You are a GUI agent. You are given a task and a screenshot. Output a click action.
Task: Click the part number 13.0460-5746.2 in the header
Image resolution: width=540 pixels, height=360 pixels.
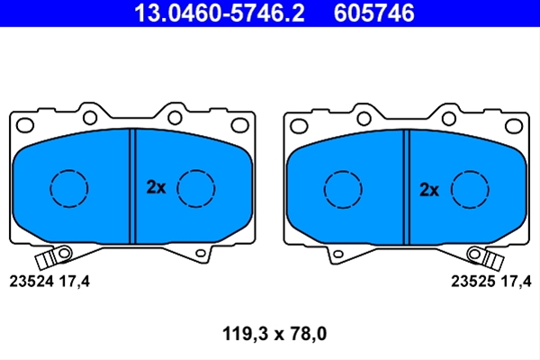pyautogui.click(x=220, y=13)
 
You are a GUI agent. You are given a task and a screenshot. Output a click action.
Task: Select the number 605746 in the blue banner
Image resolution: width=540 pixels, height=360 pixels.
pyautogui.click(x=374, y=13)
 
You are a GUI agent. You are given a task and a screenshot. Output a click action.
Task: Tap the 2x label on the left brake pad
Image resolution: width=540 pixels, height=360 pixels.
pyautogui.click(x=156, y=187)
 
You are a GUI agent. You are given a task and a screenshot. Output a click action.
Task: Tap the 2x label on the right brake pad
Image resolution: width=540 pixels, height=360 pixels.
pyautogui.click(x=429, y=190)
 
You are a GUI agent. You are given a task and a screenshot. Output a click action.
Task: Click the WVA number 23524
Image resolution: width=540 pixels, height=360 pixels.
pyautogui.click(x=31, y=282)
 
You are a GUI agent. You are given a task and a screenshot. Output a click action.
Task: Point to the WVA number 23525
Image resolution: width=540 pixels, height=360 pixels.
pyautogui.click(x=473, y=282)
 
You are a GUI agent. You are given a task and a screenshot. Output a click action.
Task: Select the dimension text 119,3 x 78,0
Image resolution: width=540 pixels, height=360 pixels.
pyautogui.click(x=274, y=334)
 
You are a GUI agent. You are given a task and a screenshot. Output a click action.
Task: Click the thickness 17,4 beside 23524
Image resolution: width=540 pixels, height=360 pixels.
pyautogui.click(x=75, y=282)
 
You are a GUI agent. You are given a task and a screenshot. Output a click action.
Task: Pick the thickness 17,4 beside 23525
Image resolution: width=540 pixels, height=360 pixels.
pyautogui.click(x=516, y=282)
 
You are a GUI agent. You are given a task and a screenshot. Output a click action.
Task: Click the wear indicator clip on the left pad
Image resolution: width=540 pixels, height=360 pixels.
pyautogui.click(x=53, y=257)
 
